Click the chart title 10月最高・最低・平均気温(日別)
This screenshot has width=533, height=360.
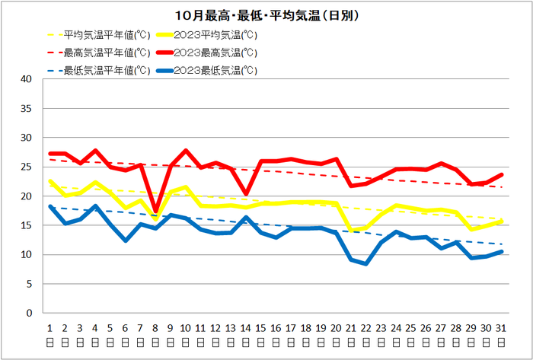[266, 15]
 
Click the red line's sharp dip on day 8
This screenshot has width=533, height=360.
[155, 211]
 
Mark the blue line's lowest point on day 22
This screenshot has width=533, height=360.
[366, 263]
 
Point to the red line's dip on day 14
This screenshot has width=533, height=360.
[246, 194]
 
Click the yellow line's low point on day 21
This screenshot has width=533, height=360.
[351, 230]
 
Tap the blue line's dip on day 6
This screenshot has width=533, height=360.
[126, 241]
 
